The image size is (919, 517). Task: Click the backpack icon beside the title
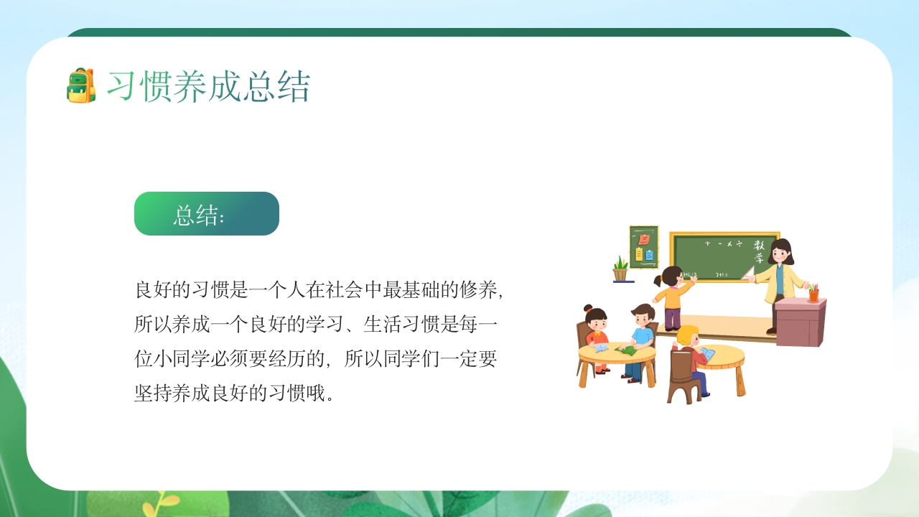tap(81, 86)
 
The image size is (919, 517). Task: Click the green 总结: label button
tap(206, 214)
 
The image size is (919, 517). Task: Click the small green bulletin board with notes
tap(644, 246)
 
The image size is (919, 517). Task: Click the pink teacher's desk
tap(800, 323)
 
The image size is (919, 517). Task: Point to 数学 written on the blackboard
tap(759, 251)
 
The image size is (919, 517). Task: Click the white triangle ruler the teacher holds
tap(748, 274)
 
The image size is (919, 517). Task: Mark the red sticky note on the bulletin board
tap(644, 239)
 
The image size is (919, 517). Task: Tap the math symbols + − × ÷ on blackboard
tap(723, 244)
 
